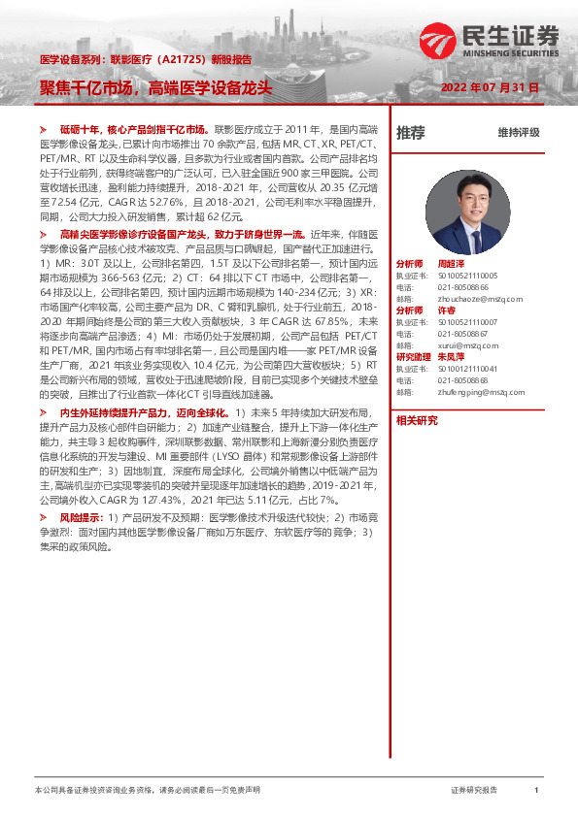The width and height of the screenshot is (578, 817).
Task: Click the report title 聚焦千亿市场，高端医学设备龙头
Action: pos(156,87)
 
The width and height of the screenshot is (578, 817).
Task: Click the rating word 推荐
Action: pos(411,133)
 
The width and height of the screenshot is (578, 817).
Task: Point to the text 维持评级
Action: pos(518,133)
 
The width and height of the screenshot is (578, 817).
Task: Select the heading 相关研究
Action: pos(417,420)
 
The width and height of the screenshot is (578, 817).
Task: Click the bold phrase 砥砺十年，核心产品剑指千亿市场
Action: pos(134,128)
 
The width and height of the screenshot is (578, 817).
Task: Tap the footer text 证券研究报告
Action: pos(474,790)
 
